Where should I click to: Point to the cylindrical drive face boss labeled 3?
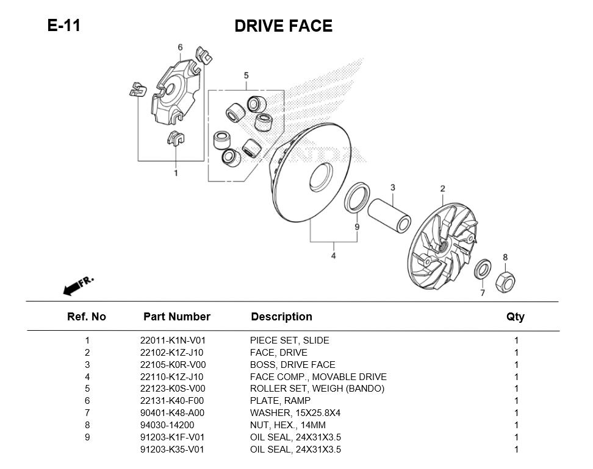(389, 214)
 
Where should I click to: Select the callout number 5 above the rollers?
(246, 76)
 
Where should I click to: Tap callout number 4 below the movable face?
(333, 256)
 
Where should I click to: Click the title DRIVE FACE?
(283, 26)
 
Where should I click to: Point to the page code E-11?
(63, 26)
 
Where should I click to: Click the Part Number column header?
(176, 317)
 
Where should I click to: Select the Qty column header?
(516, 317)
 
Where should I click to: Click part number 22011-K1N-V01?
(173, 340)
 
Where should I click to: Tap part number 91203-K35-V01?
(173, 450)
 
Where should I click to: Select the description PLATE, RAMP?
(280, 401)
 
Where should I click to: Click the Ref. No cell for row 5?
(87, 389)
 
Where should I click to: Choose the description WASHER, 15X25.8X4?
(295, 413)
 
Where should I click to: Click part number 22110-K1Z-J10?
(172, 377)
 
